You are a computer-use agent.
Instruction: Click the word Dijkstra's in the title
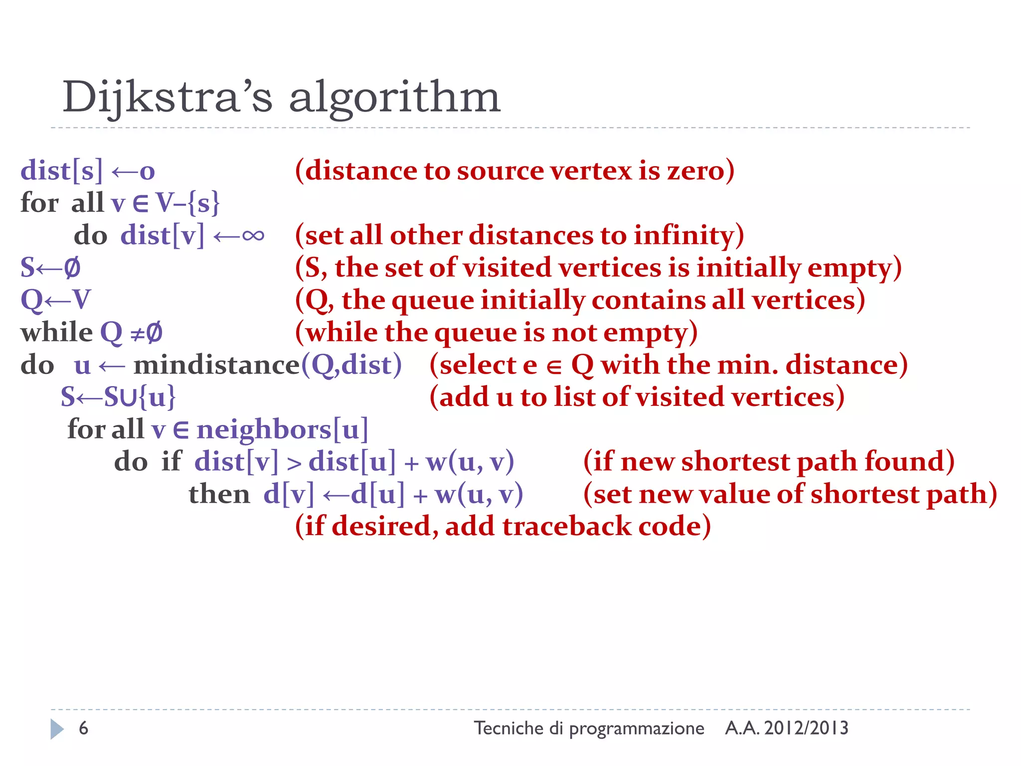click(x=168, y=97)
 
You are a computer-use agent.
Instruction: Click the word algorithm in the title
click(x=394, y=97)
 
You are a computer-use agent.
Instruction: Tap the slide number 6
click(x=83, y=728)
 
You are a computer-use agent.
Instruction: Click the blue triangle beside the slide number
click(x=57, y=729)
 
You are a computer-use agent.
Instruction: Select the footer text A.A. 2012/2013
click(x=787, y=728)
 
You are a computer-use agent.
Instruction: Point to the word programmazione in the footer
click(x=637, y=729)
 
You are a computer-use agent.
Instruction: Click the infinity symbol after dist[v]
click(x=253, y=235)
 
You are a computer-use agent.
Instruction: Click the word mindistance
click(x=217, y=365)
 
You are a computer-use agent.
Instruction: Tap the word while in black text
click(x=56, y=332)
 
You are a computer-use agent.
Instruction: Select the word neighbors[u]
click(x=282, y=429)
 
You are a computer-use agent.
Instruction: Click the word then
click(x=219, y=494)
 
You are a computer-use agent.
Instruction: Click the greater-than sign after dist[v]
click(x=294, y=463)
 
